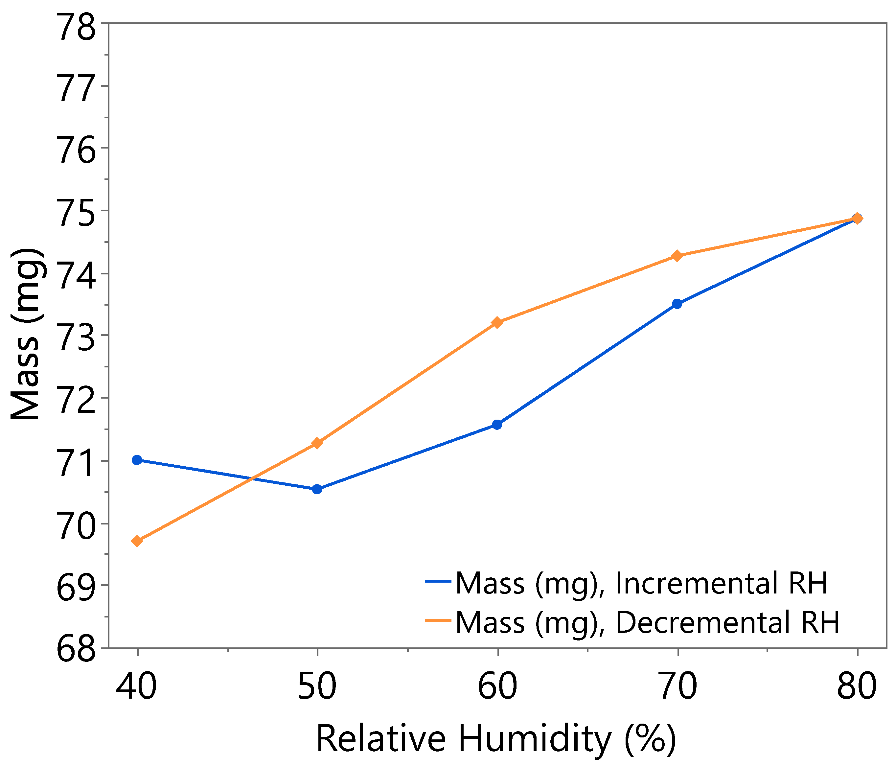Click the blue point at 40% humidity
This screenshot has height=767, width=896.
pos(137,460)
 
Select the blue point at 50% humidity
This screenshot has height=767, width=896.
pos(317,489)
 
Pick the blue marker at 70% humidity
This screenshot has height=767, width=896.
pos(677,304)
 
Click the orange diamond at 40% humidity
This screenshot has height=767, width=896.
pos(137,541)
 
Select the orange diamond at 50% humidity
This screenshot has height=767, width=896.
pos(317,443)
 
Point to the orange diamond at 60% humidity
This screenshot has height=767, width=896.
pos(497,323)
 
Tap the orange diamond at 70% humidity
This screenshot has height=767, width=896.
pos(677,256)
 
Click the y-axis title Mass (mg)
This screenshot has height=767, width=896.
pos(26,334)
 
